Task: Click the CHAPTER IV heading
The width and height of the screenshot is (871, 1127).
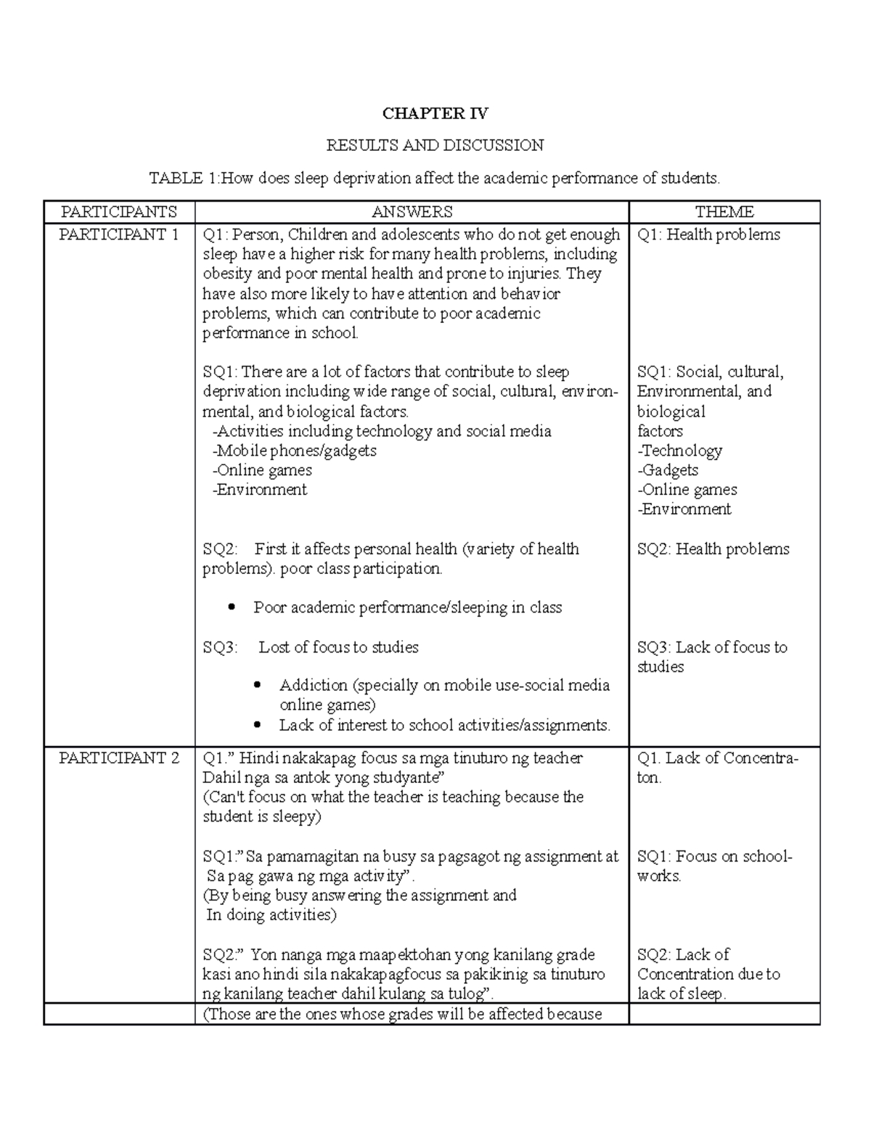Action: tap(435, 113)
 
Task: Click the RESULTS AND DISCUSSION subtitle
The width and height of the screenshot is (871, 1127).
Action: tap(435, 146)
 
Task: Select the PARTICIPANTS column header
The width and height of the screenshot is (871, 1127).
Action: tap(118, 212)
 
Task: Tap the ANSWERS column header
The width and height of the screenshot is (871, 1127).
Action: tap(412, 212)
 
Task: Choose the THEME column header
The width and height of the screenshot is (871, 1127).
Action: tap(724, 212)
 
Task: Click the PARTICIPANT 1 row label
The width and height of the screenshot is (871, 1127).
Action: tap(118, 234)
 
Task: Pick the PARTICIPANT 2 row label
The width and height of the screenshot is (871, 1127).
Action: tap(118, 758)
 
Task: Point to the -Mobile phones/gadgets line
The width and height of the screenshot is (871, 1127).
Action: tap(294, 451)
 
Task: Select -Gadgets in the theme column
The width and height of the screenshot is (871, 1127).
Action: tap(668, 470)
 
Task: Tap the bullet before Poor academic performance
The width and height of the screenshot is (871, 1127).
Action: tap(232, 608)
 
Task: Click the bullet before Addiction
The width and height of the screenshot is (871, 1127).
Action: tap(258, 686)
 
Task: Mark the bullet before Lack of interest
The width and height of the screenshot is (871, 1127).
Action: tap(258, 726)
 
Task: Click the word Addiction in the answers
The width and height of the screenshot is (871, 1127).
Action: tap(314, 686)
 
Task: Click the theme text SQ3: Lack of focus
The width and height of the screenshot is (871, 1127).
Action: tap(711, 647)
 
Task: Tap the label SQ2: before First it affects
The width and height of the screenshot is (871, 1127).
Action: tap(220, 549)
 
